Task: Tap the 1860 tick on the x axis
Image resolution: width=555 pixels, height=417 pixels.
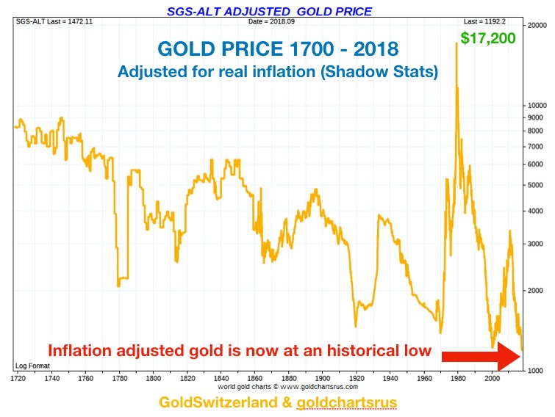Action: [254, 378]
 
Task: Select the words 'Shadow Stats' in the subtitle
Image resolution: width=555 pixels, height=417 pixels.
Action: [396, 72]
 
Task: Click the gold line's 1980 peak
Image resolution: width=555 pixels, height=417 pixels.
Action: [456, 43]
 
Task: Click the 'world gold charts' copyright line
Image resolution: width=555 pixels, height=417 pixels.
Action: [287, 386]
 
